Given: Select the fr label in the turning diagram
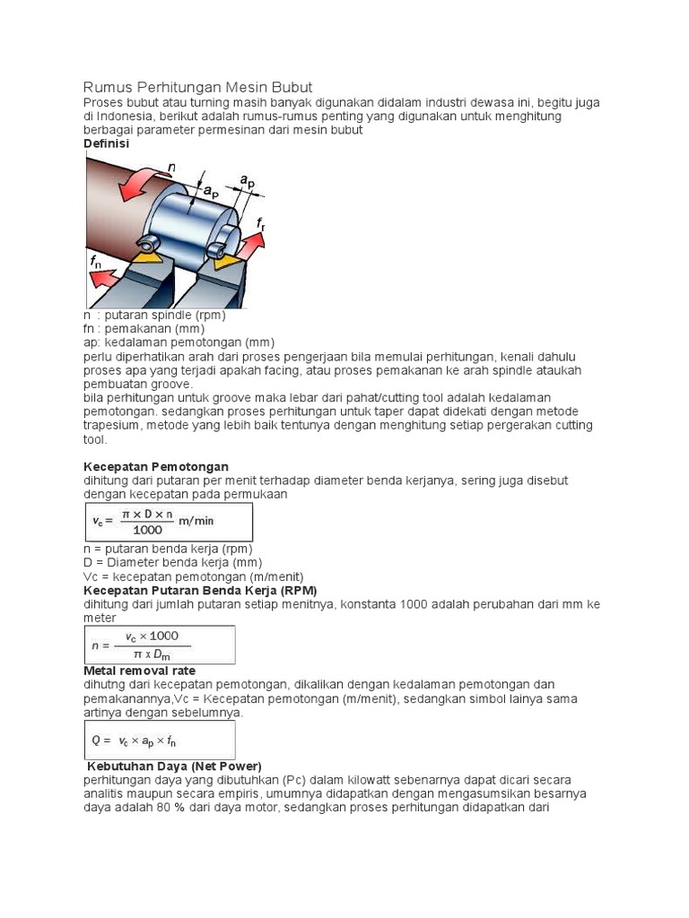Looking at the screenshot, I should (261, 222).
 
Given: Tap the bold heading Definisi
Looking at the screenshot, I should (107, 143).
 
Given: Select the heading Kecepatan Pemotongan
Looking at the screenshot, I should (156, 466).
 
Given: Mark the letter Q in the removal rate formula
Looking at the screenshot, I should (96, 740).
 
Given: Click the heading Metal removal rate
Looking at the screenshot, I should (139, 671).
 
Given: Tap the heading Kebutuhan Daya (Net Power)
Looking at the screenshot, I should (174, 766).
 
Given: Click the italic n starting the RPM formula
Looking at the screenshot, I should (95, 645).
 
